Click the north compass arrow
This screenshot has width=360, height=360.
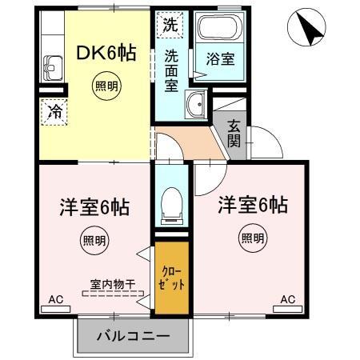point(307,29)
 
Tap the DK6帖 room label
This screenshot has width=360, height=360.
point(106,54)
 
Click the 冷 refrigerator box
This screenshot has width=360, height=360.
point(54,111)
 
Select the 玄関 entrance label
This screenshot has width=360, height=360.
point(234,133)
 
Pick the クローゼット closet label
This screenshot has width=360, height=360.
point(171,279)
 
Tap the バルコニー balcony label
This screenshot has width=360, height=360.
point(134,336)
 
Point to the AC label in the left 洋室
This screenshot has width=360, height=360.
point(55,299)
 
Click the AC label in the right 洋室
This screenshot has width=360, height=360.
point(287,299)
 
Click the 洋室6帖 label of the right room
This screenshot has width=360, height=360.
point(253,205)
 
